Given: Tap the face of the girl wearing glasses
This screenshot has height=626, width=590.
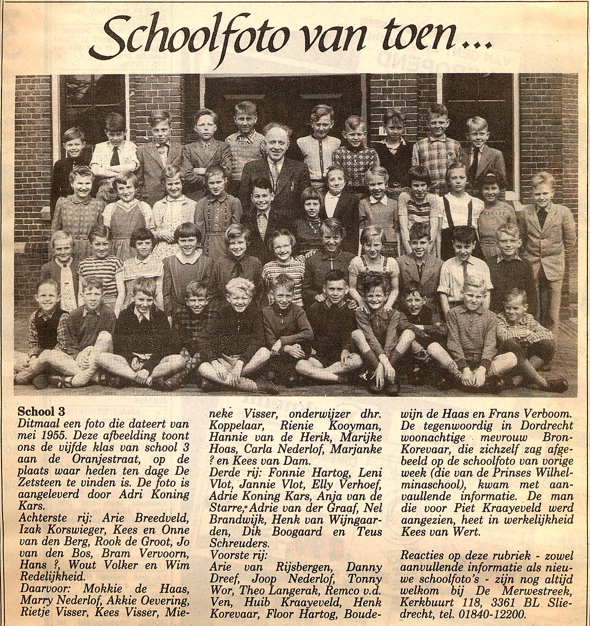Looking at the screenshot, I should (x=283, y=247).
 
